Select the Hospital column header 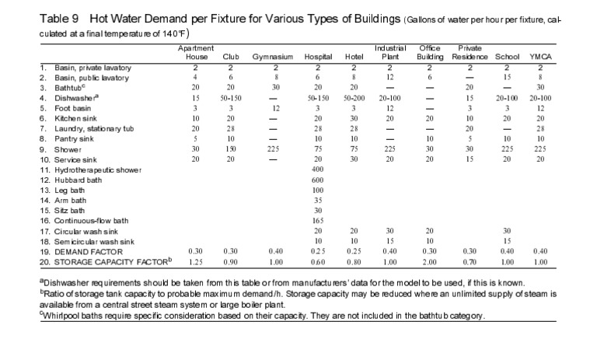(x=318, y=58)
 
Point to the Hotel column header (x=354, y=58)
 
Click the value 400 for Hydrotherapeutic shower (x=317, y=170)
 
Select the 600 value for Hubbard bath (x=317, y=180)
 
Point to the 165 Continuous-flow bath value (x=317, y=220)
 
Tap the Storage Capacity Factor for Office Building (x=430, y=262)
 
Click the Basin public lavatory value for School (x=506, y=79)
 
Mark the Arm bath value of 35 (x=317, y=200)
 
